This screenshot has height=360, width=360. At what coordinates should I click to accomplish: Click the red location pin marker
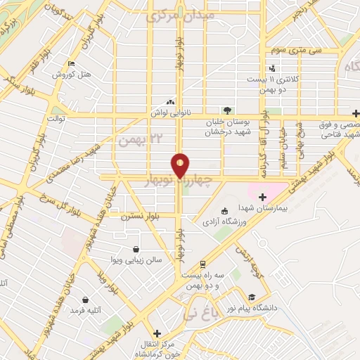180,166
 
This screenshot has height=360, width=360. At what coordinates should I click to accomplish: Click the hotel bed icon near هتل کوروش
70,65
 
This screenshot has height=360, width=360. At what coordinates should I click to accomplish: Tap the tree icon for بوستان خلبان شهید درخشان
226,110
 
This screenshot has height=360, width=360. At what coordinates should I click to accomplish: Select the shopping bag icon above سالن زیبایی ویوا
136,249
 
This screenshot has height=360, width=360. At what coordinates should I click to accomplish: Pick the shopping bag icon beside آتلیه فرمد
85,300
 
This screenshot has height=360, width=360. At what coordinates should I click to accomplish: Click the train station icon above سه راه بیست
203,264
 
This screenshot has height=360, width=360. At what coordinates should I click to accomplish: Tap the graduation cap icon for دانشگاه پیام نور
252,297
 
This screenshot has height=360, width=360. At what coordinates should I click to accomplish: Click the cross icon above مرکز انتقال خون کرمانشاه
156,333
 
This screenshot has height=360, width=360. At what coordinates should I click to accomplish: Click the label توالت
56,119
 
